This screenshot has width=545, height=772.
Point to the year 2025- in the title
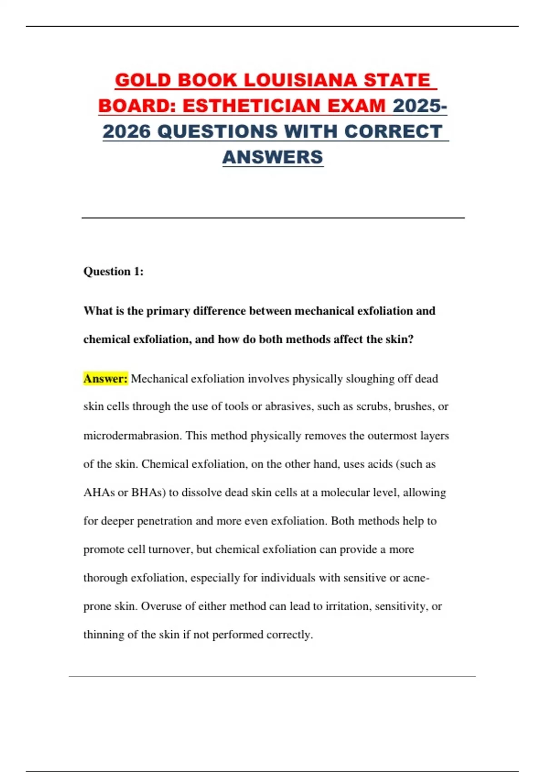pyautogui.click(x=420, y=106)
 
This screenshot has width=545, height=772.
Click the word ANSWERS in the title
pyautogui.click(x=272, y=157)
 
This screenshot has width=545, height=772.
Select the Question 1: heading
pyautogui.click(x=114, y=272)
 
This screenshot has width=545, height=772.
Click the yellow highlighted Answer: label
pyautogui.click(x=105, y=379)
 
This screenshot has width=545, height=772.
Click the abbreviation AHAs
pyautogui.click(x=99, y=493)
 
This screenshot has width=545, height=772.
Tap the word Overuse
pyautogui.click(x=161, y=607)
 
